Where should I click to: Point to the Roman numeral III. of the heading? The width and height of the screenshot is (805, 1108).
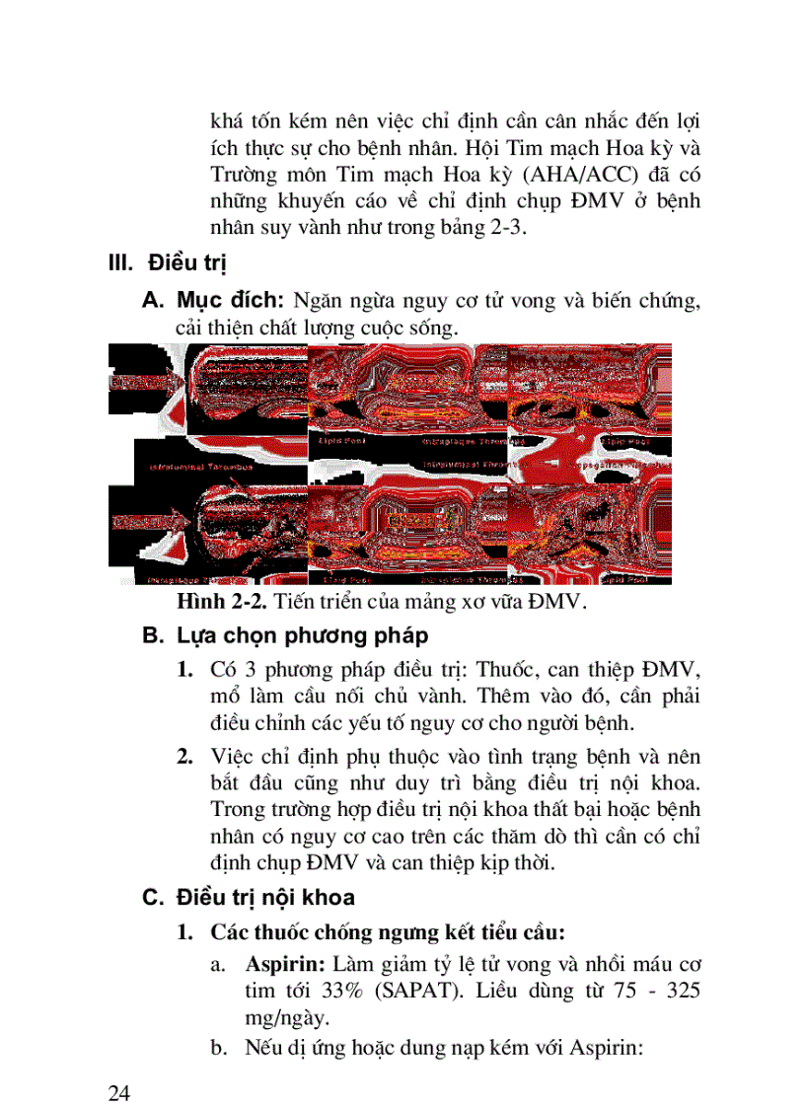tap(121, 264)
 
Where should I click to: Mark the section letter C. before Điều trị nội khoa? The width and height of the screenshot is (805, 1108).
tap(151, 898)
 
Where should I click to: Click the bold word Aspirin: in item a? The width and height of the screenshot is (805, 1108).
tap(287, 963)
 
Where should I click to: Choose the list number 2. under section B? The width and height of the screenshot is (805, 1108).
tap(184, 757)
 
